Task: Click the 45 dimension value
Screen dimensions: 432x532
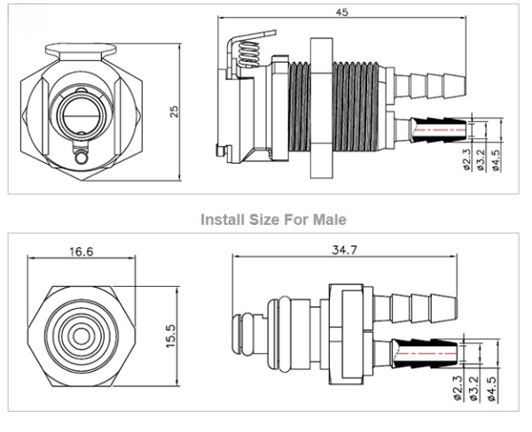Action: (x=341, y=12)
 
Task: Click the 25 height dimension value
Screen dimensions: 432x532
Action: (x=175, y=111)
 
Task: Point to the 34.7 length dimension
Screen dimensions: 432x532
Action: (x=344, y=251)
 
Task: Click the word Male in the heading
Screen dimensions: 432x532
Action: (x=328, y=218)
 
